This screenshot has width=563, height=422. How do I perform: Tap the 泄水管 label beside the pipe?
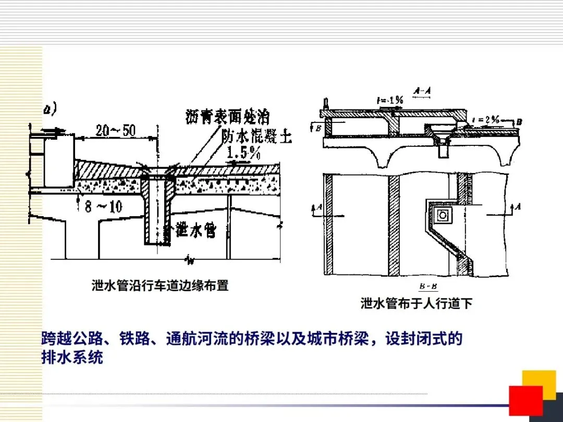[195, 230]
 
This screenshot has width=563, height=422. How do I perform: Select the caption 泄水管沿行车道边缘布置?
[160, 286]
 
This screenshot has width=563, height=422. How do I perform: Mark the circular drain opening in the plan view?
[444, 214]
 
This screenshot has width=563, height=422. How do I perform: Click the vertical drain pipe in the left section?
[157, 208]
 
